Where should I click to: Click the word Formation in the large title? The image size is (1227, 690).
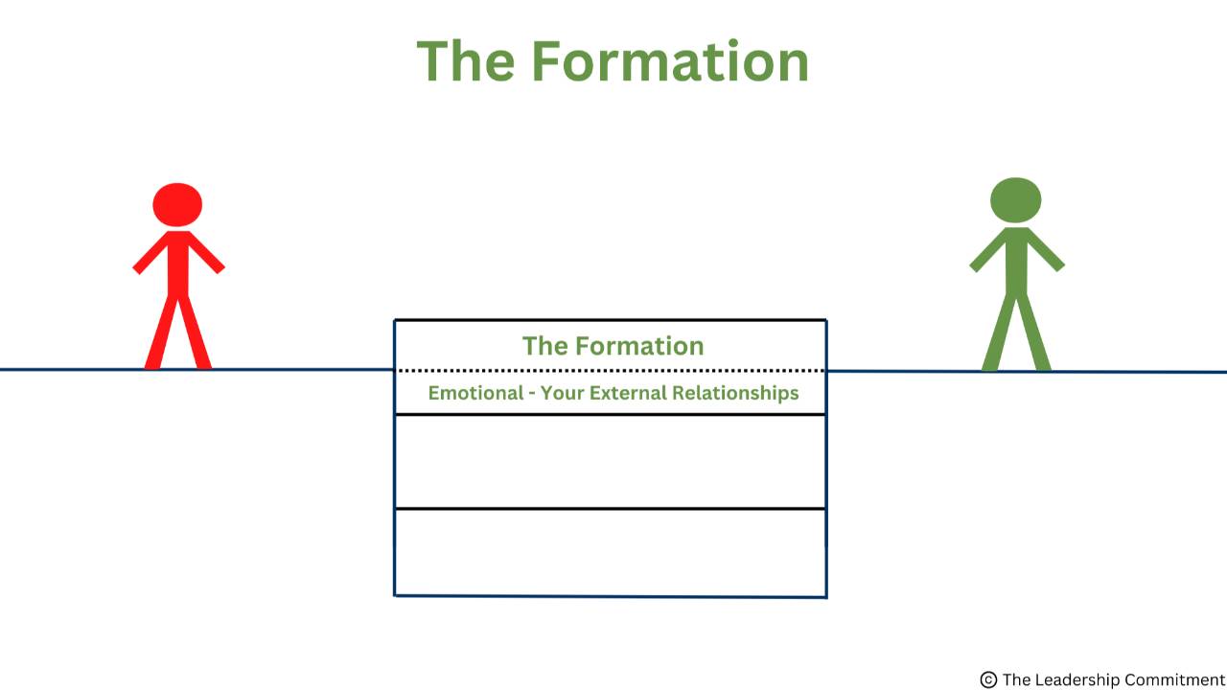tap(670, 60)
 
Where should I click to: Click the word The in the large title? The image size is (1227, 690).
tap(468, 60)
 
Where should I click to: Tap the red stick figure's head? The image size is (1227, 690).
tap(177, 204)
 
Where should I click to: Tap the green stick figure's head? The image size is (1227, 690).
tap(1015, 200)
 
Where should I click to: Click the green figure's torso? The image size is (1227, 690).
tap(1016, 260)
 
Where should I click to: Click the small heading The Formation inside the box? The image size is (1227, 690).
tap(613, 346)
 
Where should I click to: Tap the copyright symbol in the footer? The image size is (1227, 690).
tap(988, 679)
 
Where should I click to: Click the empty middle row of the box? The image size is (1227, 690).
tap(611, 461)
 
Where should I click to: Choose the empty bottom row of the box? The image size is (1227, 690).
tap(611, 552)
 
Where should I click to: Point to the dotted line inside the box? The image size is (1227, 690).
tap(611, 370)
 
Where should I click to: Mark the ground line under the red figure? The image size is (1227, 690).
tap(178, 369)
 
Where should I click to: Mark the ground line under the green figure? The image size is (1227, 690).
tap(1016, 371)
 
